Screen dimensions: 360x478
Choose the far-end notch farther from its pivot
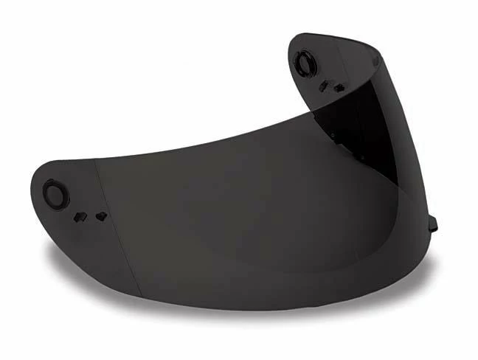point(338,86)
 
